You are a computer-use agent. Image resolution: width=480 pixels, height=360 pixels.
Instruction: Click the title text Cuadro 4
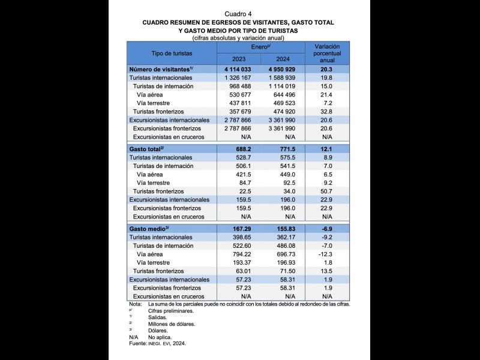[238, 14]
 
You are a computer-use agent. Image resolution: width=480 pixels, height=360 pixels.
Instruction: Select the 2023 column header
[239, 59]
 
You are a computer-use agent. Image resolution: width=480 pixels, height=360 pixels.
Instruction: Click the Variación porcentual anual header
[327, 53]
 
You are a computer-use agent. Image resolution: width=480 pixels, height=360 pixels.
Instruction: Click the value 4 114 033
[238, 69]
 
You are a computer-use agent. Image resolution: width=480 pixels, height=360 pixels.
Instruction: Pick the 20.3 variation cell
[327, 69]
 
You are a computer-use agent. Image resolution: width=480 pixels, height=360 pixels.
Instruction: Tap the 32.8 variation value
[327, 112]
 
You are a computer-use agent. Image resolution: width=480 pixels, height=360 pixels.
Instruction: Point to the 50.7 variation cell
[327, 191]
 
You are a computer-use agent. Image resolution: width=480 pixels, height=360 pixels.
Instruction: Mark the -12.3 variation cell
[327, 254]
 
